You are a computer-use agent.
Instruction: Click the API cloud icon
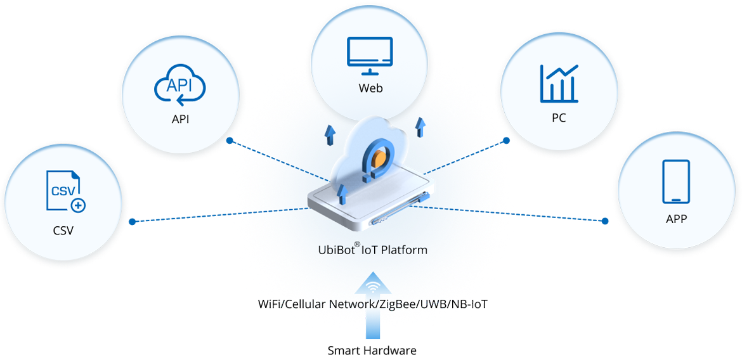[180, 87]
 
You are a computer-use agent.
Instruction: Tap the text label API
[180, 119]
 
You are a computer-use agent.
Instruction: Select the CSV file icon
[64, 190]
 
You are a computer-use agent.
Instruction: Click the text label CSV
[63, 230]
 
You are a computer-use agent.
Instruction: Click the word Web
[370, 88]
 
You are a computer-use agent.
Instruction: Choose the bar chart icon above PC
[559, 84]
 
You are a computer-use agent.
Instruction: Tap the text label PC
[559, 118]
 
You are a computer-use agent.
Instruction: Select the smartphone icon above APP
[676, 181]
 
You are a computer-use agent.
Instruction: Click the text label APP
[677, 219]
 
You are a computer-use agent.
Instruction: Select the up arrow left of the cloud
[330, 134]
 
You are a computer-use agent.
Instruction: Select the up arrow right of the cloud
[419, 127]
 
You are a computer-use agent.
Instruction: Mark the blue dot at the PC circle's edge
[505, 139]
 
